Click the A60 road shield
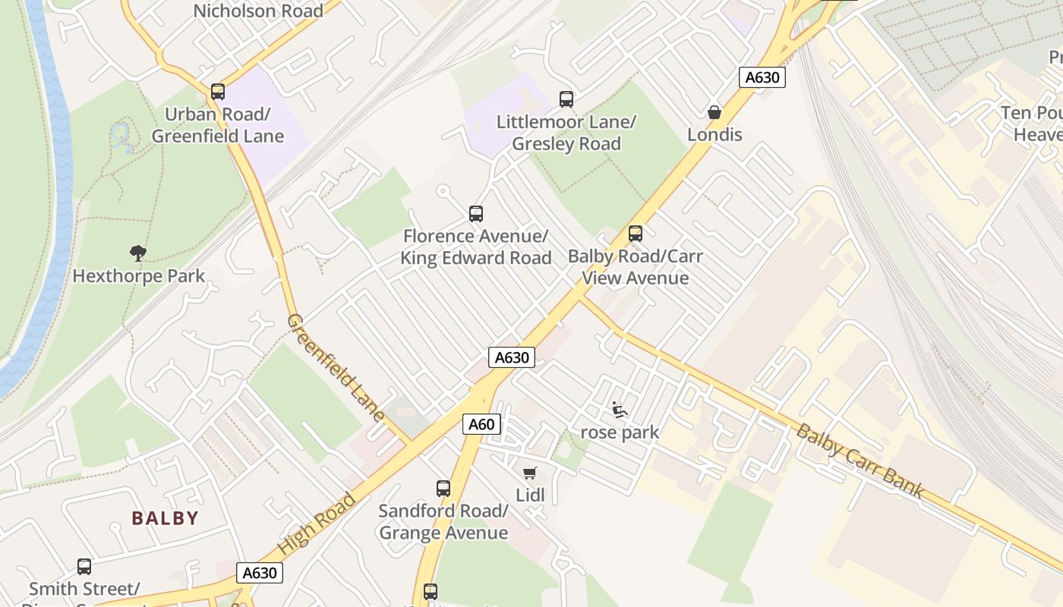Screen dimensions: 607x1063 tap(481, 424)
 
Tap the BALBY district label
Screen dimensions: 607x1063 tap(165, 518)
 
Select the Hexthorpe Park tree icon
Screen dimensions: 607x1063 tap(137, 253)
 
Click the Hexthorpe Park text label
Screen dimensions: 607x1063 tap(138, 275)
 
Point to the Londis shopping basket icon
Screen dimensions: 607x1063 tap(714, 112)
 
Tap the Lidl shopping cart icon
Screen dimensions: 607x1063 tap(530, 473)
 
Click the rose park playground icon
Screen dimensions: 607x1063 tap(620, 410)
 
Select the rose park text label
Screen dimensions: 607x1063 tap(620, 432)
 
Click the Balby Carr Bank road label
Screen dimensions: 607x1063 tap(860, 461)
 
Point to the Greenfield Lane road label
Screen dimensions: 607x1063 tap(335, 367)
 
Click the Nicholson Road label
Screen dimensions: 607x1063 tap(258, 11)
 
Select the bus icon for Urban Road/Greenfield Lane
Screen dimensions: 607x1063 tap(218, 92)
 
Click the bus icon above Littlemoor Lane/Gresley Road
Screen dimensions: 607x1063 tap(566, 99)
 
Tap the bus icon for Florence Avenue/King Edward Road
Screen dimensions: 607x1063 tap(476, 213)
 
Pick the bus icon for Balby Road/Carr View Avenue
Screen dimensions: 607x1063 tap(636, 233)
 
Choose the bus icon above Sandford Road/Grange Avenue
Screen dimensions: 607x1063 tap(443, 488)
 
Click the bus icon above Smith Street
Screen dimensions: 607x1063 tap(84, 566)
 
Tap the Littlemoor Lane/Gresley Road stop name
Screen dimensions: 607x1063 tap(566, 133)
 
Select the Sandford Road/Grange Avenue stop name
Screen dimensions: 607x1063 tap(443, 522)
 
